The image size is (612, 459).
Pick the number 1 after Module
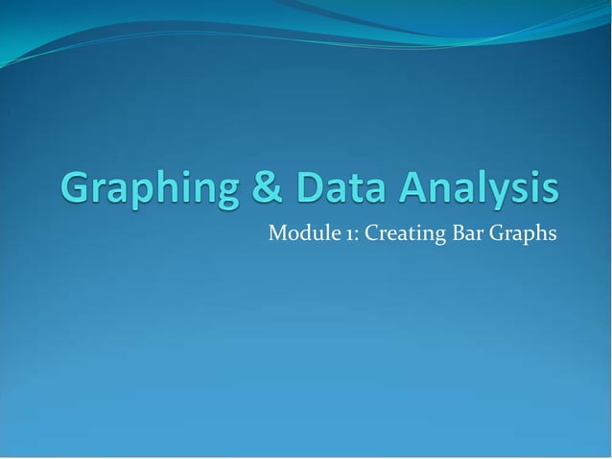334,233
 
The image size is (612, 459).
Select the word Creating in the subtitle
381,233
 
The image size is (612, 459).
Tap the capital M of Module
275,232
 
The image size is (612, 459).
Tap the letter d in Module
302,232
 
